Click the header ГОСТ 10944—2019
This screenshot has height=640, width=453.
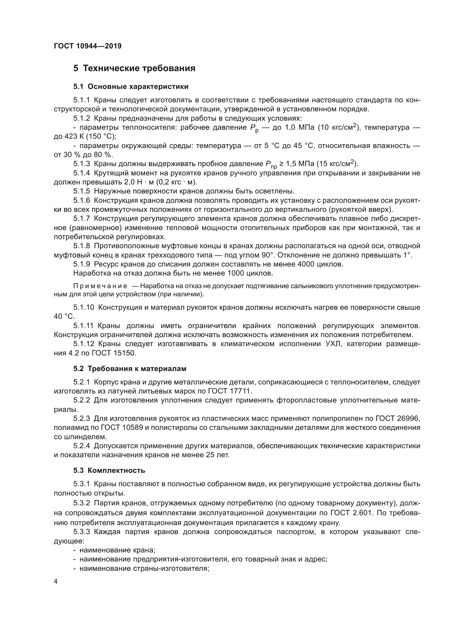coord(88,46)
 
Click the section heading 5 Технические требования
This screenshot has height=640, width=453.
coord(134,68)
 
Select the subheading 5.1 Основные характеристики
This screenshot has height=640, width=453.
coord(131,87)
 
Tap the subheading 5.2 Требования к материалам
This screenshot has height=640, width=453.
coord(130,369)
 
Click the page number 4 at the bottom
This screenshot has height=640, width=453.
coord(56,581)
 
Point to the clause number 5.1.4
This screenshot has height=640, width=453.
coord(82,173)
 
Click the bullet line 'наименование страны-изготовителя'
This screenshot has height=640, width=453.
coord(144,568)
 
